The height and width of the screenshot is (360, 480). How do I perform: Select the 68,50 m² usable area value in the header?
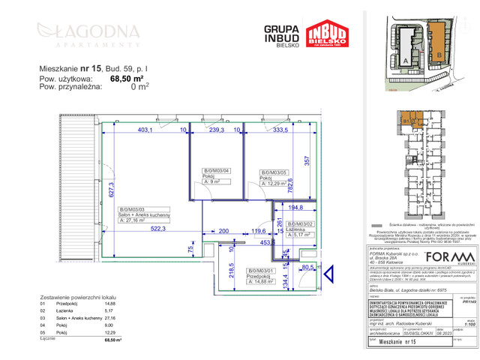(x=127, y=77)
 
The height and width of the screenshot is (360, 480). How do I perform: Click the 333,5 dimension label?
(x=280, y=130)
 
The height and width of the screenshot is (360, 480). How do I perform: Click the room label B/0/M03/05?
(x=274, y=173)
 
